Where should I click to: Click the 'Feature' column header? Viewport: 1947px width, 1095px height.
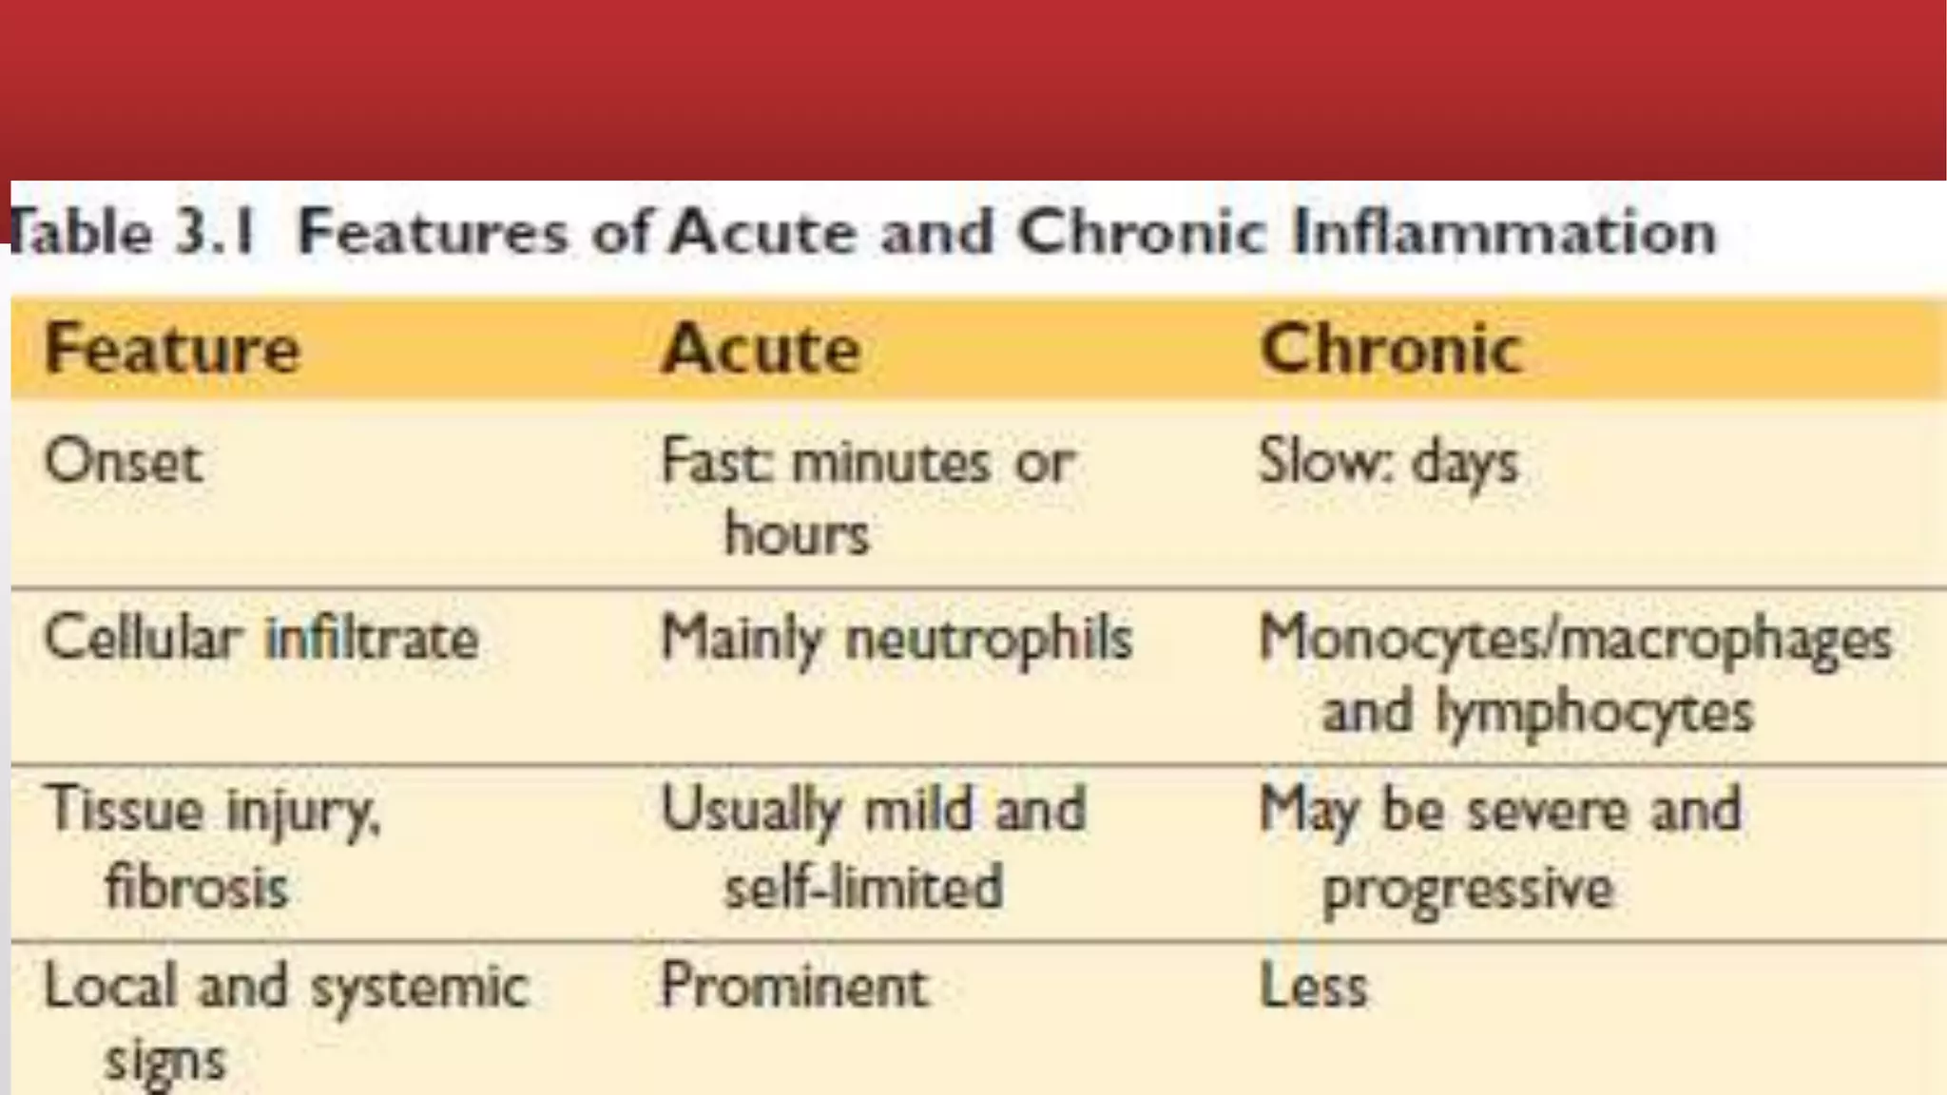[x=172, y=349]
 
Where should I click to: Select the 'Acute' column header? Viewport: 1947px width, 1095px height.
[x=761, y=349]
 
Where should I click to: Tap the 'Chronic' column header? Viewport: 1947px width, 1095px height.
[x=1391, y=349]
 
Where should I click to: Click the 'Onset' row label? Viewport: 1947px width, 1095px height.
[x=124, y=463]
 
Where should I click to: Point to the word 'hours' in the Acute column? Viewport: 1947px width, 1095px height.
[x=797, y=533]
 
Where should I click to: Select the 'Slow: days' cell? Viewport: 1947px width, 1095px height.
[x=1388, y=464]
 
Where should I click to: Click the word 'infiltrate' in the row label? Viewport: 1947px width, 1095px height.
[x=372, y=638]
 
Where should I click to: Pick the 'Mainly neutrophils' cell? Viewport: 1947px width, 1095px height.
[x=896, y=638]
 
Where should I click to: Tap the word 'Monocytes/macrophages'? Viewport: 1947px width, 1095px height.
[x=1575, y=638]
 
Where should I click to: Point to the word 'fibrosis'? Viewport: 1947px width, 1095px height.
[x=197, y=888]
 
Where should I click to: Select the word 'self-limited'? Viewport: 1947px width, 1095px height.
[x=863, y=888]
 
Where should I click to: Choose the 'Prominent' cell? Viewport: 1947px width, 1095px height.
[x=794, y=986]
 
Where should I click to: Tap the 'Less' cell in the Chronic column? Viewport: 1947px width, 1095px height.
[x=1314, y=986]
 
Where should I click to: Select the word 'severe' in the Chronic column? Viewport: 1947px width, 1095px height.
[x=1549, y=811]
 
